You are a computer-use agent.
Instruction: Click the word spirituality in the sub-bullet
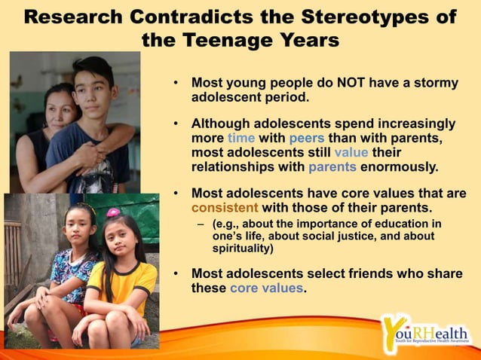[243, 248]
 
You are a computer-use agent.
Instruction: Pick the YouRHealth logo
[424, 332]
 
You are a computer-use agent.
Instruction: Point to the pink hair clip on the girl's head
[113, 212]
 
